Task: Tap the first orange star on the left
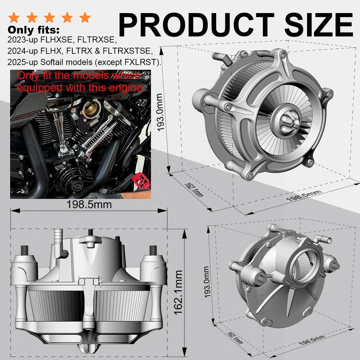pos(14,17)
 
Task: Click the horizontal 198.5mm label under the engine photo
pos(89,204)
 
